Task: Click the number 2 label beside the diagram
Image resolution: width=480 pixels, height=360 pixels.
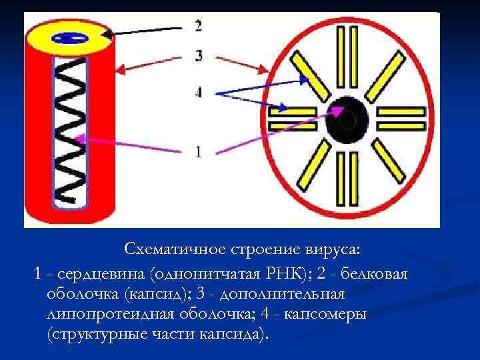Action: point(198,26)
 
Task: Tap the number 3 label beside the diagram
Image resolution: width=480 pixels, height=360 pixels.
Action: point(199,56)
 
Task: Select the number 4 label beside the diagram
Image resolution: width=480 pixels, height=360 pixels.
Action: point(198,93)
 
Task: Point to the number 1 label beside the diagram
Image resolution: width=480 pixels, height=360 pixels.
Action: point(198,152)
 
